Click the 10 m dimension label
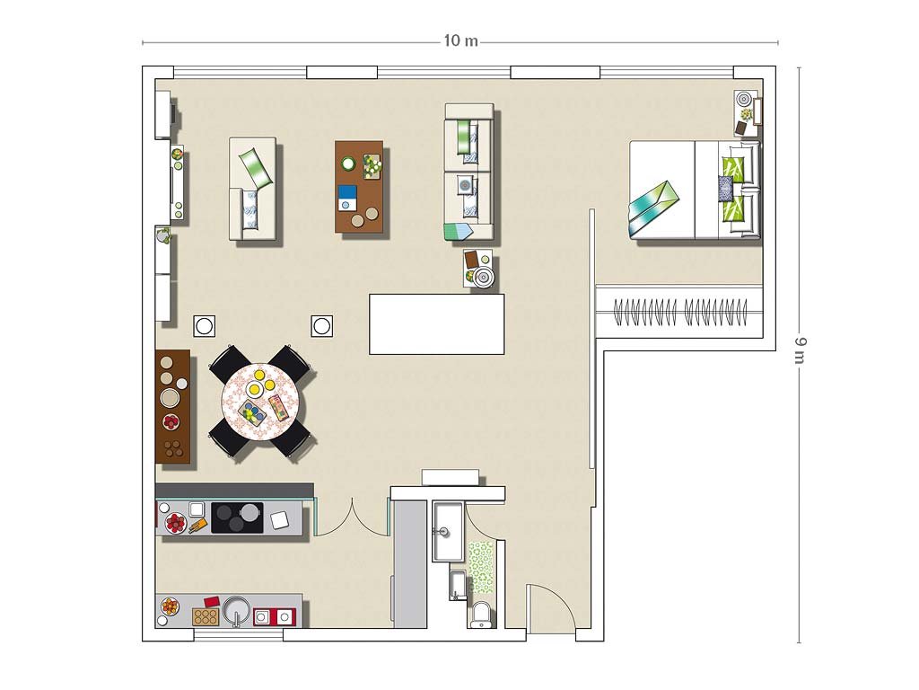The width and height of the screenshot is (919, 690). pos(460,40)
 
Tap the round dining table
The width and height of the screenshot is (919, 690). pos(260,402)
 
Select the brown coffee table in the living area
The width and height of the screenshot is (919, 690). pos(359,187)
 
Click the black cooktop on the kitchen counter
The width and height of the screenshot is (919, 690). pos(237,517)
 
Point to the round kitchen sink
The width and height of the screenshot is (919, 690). pos(237,611)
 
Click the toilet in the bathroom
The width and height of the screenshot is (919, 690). pos(482,614)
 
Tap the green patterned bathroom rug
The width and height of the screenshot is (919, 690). pos(481,567)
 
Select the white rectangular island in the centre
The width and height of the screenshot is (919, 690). pos(437,323)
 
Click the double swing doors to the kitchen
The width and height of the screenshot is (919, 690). pos(352,517)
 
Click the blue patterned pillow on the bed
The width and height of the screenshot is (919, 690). pos(725,189)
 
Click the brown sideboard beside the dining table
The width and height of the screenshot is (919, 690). pos(173,406)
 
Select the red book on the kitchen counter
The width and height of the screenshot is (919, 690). pos(212,602)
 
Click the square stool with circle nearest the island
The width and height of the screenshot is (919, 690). pos(322,325)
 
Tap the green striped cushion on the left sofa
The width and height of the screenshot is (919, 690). pos(255,168)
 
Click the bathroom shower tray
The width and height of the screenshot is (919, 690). pos(448,531)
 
